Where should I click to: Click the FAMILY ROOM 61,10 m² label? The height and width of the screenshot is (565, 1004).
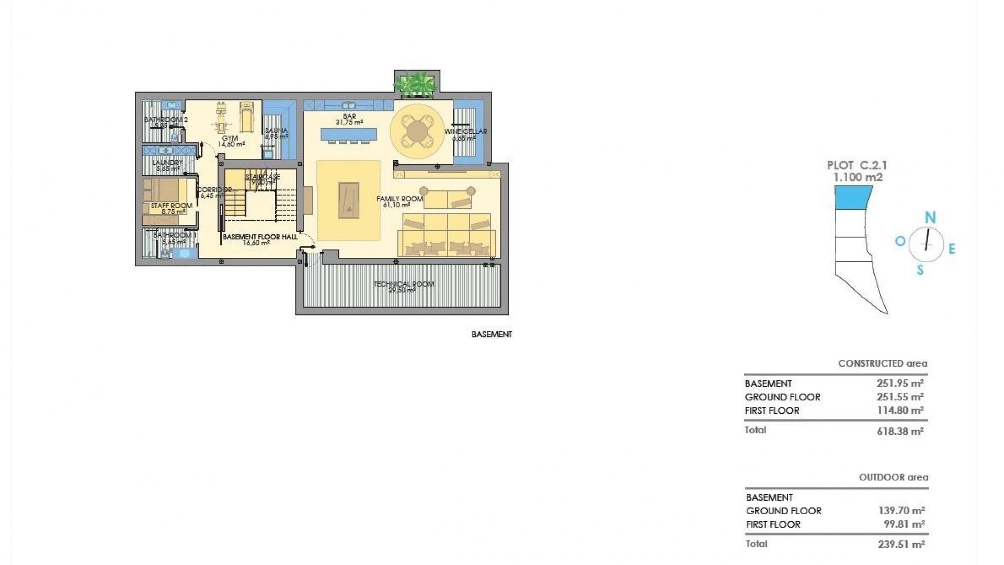[398, 201]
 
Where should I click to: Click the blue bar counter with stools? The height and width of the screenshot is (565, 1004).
[349, 135]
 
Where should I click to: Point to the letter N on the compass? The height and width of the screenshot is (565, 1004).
[930, 218]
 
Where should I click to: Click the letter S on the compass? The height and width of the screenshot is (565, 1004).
[920, 270]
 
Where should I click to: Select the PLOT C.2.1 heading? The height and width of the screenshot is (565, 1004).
[857, 165]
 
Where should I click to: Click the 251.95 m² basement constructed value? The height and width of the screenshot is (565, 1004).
[900, 383]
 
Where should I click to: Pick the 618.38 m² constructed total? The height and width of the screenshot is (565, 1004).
[900, 432]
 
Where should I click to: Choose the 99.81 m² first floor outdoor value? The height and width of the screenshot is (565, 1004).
[901, 524]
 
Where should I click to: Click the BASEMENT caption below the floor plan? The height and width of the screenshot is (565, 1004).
[492, 334]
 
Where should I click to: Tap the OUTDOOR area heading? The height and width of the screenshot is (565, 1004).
[893, 477]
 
